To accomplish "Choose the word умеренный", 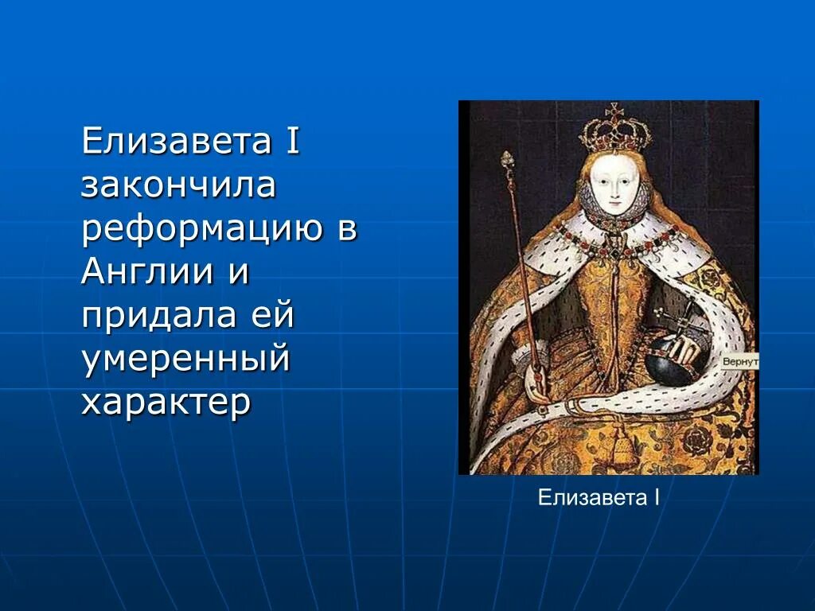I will [185, 360].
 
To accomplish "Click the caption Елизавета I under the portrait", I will [599, 499].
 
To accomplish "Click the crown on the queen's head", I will [614, 129].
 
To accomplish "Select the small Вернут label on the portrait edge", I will [740, 361].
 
